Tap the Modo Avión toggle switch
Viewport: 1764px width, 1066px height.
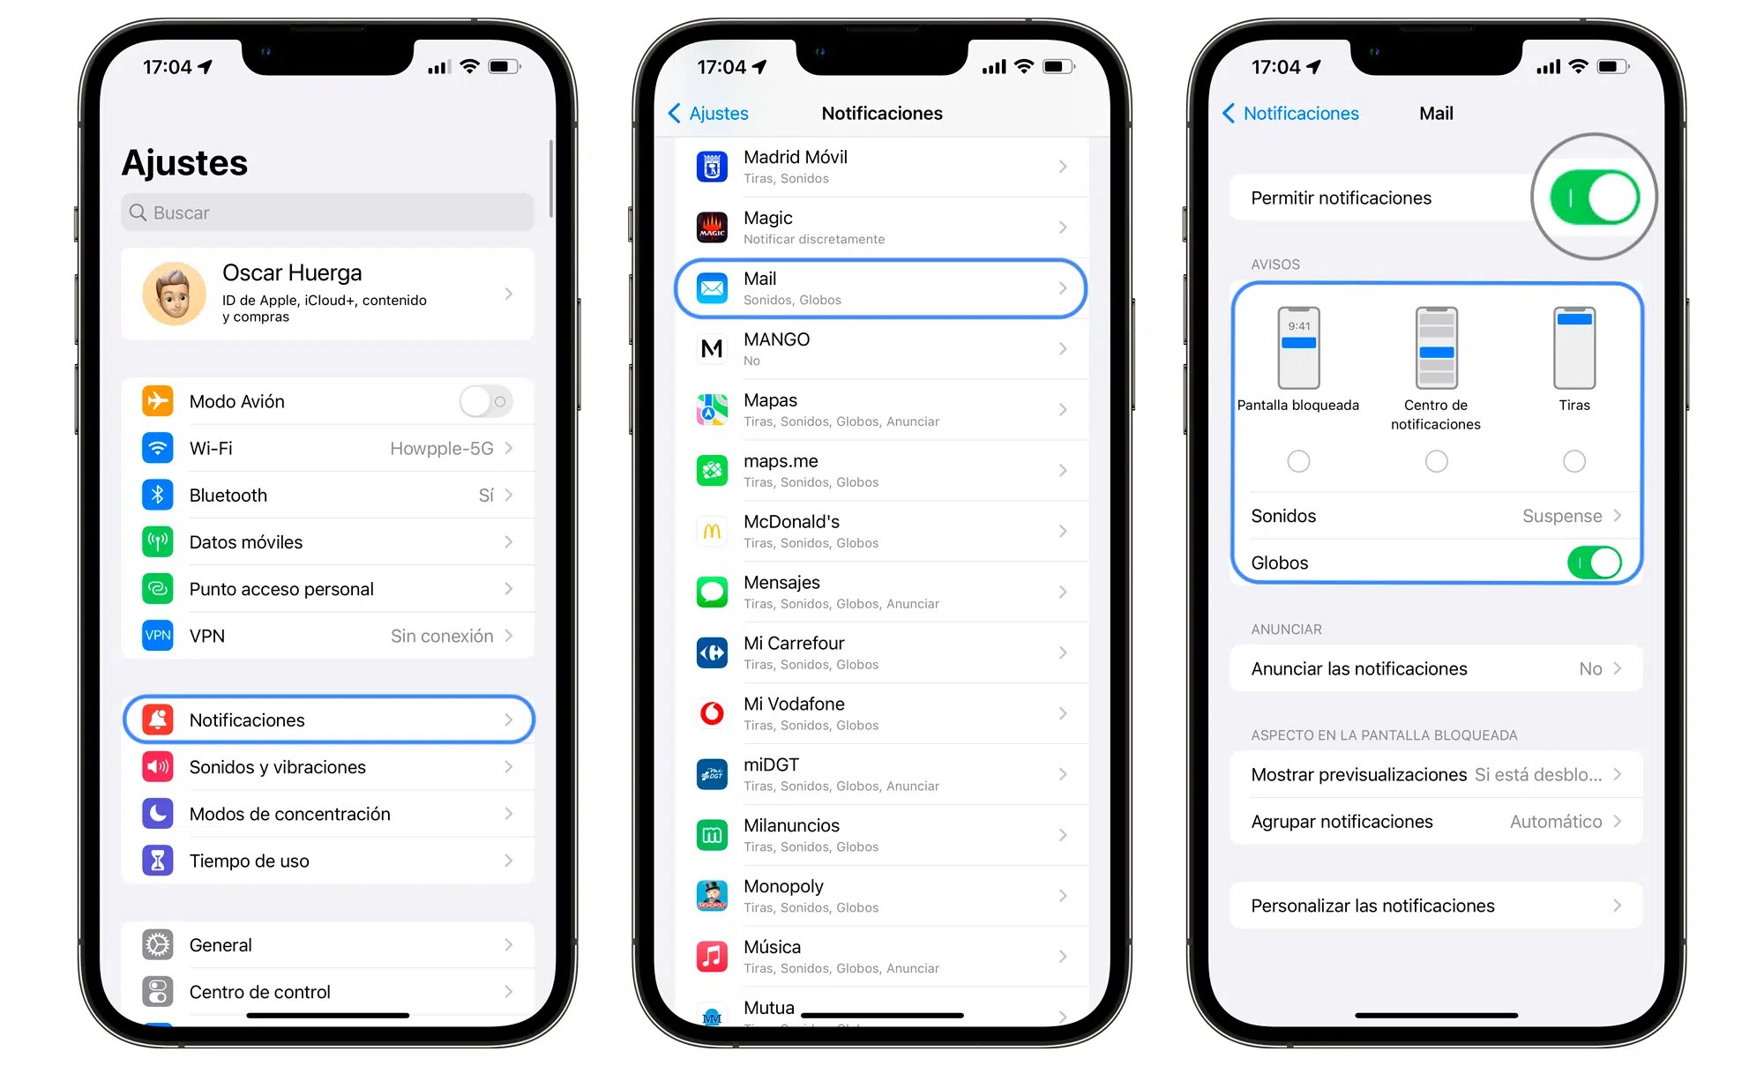pyautogui.click(x=485, y=402)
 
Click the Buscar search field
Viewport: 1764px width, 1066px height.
pyautogui.click(x=327, y=212)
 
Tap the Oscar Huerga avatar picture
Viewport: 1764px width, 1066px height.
pyautogui.click(x=174, y=294)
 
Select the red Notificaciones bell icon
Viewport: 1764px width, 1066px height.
pyautogui.click(x=158, y=720)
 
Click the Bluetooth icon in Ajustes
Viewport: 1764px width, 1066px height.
pyautogui.click(x=158, y=496)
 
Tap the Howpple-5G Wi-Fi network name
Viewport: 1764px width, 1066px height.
pyautogui.click(x=441, y=449)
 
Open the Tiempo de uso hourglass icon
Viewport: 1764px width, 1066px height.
pyautogui.click(x=158, y=861)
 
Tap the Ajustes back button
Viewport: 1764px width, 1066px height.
pyautogui.click(x=708, y=114)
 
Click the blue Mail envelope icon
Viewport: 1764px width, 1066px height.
pyautogui.click(x=712, y=288)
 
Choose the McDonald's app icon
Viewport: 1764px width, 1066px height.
pyautogui.click(x=712, y=532)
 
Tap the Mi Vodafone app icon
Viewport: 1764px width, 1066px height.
pyautogui.click(x=712, y=713)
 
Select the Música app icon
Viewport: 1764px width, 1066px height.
pyautogui.click(x=712, y=957)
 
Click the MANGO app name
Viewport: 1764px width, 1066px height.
pyautogui.click(x=776, y=339)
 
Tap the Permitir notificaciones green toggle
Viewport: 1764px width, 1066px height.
pyautogui.click(x=1594, y=198)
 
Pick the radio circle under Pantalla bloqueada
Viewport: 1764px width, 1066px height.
pyautogui.click(x=1298, y=461)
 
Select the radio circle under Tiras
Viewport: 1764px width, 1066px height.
pyautogui.click(x=1574, y=461)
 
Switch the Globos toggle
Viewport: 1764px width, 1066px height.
pyautogui.click(x=1594, y=563)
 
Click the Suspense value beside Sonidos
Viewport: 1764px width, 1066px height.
pyautogui.click(x=1561, y=517)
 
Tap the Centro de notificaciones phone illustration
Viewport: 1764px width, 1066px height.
pyautogui.click(x=1436, y=348)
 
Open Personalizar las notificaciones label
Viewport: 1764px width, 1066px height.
pyautogui.click(x=1372, y=906)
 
